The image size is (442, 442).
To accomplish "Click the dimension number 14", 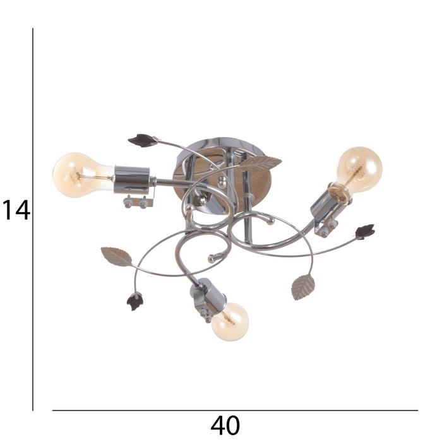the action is coord(16,210).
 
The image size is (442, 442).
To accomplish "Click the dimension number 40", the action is coord(225,425).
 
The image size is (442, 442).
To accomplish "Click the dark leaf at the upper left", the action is coord(143,140).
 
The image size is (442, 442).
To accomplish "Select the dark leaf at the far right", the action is coord(365,232).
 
